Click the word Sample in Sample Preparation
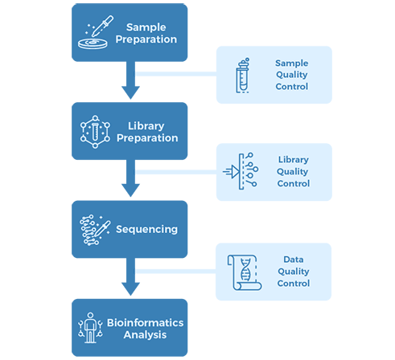(146, 27)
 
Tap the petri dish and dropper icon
(96, 32)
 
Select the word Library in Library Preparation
(146, 126)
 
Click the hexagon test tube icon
(95, 132)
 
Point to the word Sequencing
(146, 229)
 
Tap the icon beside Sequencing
(95, 230)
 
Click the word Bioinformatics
(145, 322)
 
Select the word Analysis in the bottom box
(145, 335)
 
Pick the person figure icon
(90, 328)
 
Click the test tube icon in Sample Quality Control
(243, 76)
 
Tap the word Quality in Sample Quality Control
(292, 75)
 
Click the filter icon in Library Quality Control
(241, 171)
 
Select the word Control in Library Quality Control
(294, 183)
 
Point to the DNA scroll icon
(245, 272)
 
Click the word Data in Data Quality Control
(294, 260)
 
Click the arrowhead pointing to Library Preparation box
(130, 92)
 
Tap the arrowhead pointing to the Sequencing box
(130, 190)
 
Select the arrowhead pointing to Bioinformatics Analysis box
(130, 289)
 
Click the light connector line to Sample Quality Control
(176, 74)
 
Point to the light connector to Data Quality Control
(175, 272)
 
